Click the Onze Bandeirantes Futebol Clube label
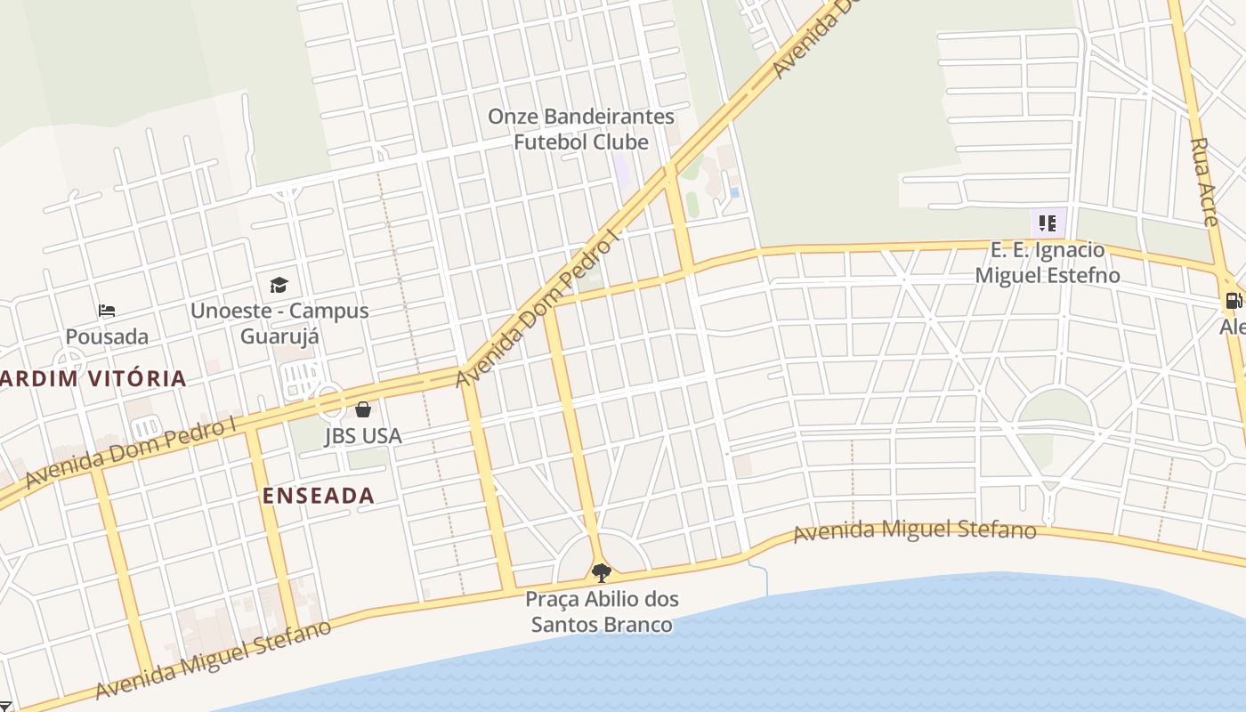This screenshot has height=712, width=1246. pos(581,129)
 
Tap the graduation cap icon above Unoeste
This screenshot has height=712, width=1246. pos(279,285)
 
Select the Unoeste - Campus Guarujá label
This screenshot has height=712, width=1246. pos(279,323)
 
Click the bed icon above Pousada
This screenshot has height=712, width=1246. pos(107,311)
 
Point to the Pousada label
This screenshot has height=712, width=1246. pos(107,336)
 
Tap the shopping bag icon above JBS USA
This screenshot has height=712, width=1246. pos(363,409)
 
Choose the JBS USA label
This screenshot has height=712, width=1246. pos(363,436)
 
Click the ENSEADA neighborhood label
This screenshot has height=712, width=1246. pos(319,496)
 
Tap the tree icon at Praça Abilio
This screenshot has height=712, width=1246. pos(602,572)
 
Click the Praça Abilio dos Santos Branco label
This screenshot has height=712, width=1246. pos(602,611)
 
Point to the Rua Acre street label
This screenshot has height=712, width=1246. pos(1204,182)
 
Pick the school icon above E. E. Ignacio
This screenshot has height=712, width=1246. pos(1048,223)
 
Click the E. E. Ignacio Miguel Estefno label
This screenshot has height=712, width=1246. pos(1048,263)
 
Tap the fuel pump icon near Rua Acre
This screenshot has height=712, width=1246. pos(1234,301)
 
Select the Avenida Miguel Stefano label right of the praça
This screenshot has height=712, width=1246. pos(915,531)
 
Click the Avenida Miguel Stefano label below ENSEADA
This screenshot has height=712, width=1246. pos(214,659)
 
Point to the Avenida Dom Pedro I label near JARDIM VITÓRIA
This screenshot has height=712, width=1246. pos(131,452)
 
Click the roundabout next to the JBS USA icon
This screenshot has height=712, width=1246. pos(331,403)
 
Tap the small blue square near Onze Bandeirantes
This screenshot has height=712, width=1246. pos(734,191)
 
